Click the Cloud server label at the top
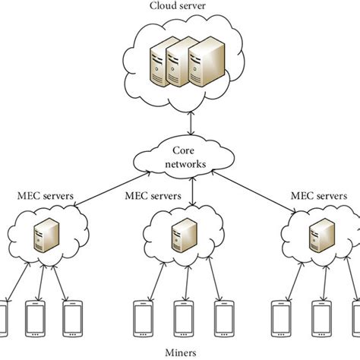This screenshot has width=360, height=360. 179,7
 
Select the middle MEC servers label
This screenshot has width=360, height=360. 154,196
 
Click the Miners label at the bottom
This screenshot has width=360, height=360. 179,352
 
